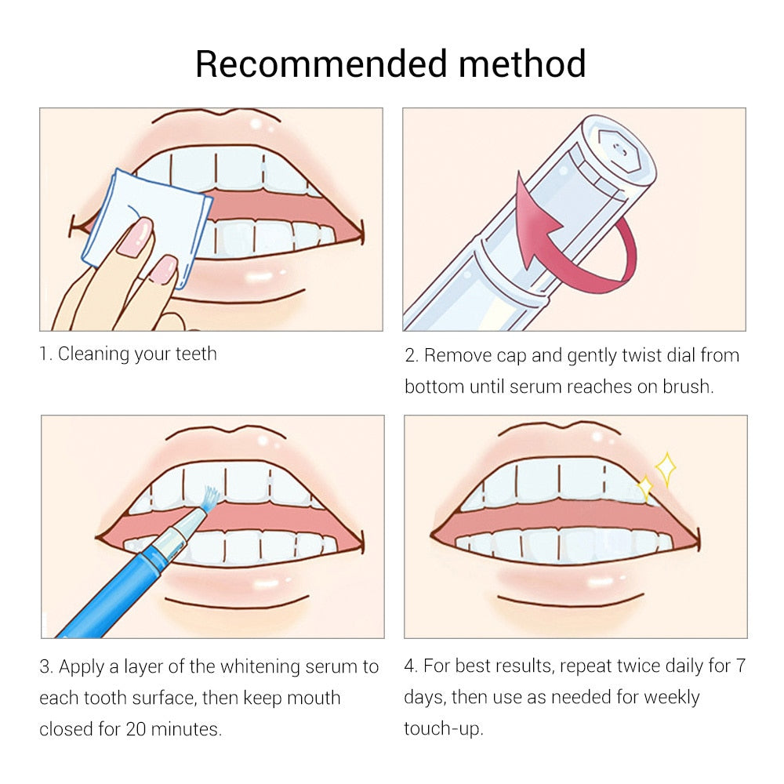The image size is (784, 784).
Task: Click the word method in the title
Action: pos(523,64)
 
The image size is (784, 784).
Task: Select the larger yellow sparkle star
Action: pos(666,469)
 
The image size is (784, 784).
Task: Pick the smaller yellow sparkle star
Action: pos(645,489)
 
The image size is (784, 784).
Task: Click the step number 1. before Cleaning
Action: pos(46,354)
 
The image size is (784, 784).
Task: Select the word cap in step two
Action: pos(511,355)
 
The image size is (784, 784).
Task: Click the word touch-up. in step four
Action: pos(444,728)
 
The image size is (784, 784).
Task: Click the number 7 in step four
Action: pos(740,666)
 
